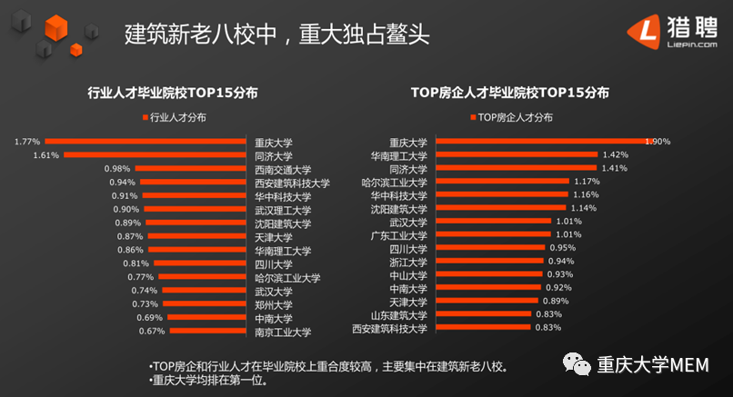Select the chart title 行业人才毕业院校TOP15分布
(x=171, y=93)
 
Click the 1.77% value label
(x=27, y=142)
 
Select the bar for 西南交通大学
(x=192, y=169)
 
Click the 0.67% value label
(x=151, y=332)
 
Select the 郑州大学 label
(x=273, y=304)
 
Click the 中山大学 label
(x=407, y=274)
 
